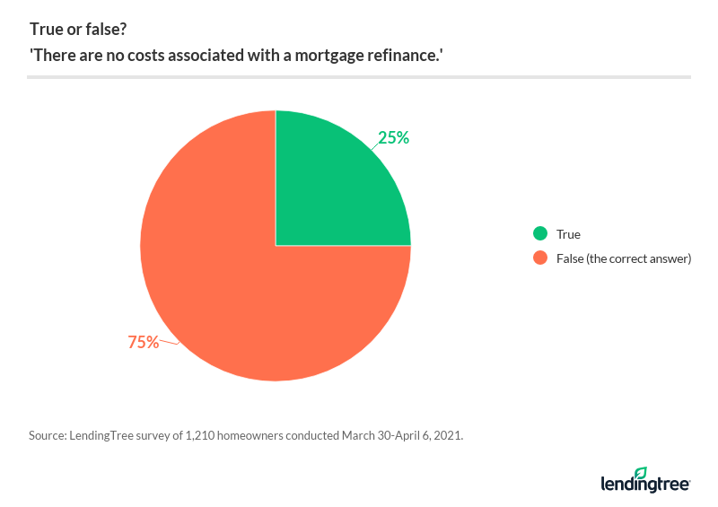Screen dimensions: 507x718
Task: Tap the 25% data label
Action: [394, 138]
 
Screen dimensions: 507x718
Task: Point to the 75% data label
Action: [144, 342]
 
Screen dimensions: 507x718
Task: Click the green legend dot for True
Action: [540, 234]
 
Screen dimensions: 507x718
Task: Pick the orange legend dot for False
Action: [540, 258]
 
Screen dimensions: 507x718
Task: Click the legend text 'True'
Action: [568, 234]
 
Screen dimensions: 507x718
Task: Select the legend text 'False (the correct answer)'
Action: [623, 258]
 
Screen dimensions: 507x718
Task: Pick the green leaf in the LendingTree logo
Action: [640, 472]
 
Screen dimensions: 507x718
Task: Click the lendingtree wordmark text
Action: [644, 485]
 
